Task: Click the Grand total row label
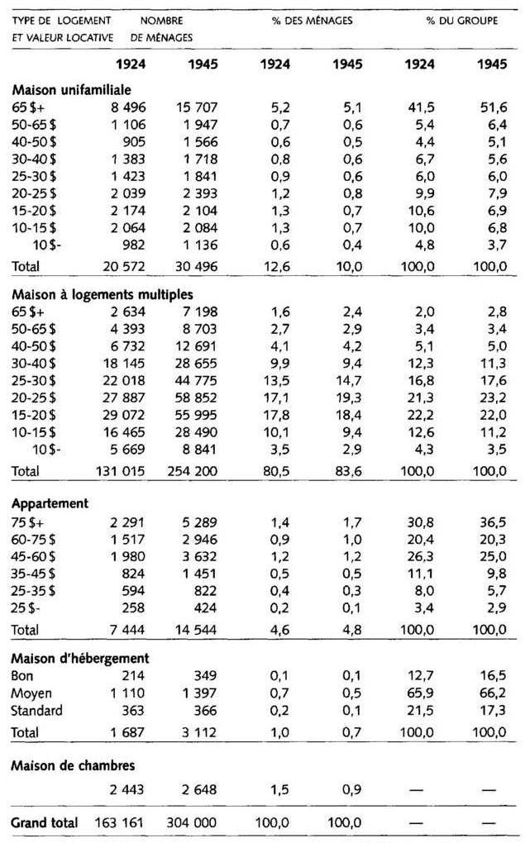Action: pos(44,822)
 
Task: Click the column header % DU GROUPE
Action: pos(461,21)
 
